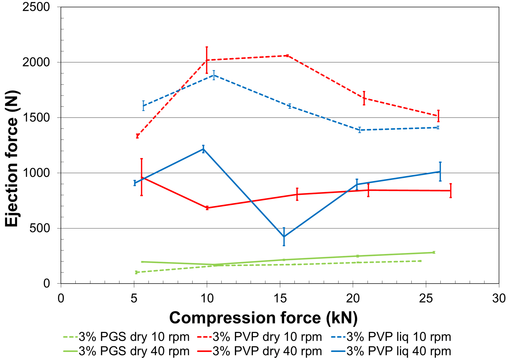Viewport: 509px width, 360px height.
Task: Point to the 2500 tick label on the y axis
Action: [36, 7]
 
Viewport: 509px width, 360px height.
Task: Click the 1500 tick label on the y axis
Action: [36, 118]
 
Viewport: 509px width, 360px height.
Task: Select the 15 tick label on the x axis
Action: [280, 298]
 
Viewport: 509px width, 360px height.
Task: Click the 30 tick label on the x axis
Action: [499, 298]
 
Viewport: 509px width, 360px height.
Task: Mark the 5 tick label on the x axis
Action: [134, 298]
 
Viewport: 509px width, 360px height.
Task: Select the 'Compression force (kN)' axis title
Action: [263, 318]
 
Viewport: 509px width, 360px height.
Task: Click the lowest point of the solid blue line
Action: [284, 237]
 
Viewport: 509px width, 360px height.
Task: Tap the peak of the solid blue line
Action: [203, 149]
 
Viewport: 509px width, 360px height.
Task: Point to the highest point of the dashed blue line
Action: [214, 75]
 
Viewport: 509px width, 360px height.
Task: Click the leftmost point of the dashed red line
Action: [138, 136]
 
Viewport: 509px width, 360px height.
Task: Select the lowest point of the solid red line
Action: [207, 208]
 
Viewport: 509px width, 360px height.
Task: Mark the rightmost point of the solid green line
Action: [434, 252]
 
